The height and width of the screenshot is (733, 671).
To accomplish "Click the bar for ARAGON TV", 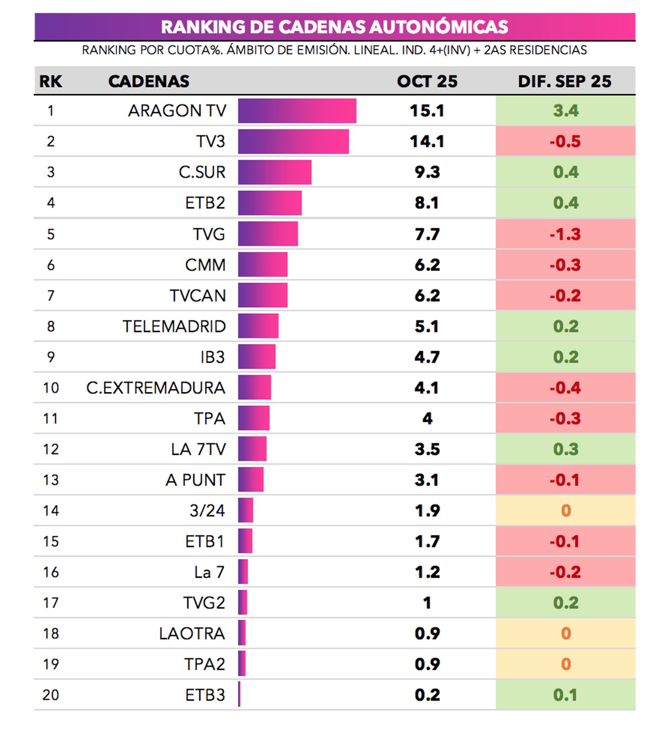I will click(x=297, y=111).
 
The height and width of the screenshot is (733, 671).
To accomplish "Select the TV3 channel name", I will click(x=210, y=141).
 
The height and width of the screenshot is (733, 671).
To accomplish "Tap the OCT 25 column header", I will click(x=427, y=81).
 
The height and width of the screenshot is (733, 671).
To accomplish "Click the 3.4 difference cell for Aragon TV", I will click(x=565, y=111).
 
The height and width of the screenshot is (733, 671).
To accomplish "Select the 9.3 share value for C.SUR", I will click(x=427, y=172).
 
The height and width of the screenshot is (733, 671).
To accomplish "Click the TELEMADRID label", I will click(x=174, y=327).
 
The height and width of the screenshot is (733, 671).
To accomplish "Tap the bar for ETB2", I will click(x=270, y=203).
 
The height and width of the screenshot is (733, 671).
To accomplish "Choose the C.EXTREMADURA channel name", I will click(x=156, y=388).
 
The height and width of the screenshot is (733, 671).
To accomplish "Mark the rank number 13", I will click(x=51, y=480).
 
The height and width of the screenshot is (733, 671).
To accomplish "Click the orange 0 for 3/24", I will click(x=566, y=511).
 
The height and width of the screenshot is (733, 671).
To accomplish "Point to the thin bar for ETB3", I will click(x=239, y=695).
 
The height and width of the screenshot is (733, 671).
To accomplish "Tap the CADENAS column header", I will click(x=149, y=81).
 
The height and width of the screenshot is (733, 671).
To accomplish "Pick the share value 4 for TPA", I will click(x=427, y=419).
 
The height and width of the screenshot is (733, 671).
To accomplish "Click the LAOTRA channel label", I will click(x=192, y=634).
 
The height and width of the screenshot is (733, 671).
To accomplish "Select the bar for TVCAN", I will click(x=262, y=296).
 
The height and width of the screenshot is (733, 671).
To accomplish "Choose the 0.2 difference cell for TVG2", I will click(x=565, y=603).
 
